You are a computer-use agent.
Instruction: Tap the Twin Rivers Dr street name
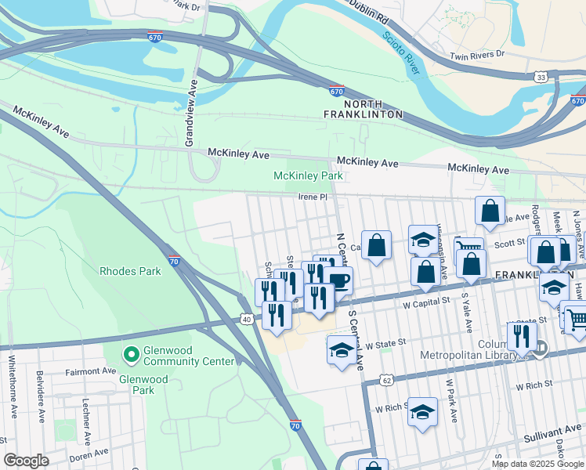tap(477, 56)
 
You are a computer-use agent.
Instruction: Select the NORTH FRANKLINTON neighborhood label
tap(364, 109)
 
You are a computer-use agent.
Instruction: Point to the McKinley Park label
tap(308, 176)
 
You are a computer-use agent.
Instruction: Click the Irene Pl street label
tap(311, 197)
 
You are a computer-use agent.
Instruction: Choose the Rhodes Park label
tap(130, 271)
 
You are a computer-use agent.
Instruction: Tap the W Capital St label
tap(425, 301)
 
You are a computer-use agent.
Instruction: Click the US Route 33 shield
tap(541, 77)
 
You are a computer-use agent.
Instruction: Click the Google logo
tap(26, 461)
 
